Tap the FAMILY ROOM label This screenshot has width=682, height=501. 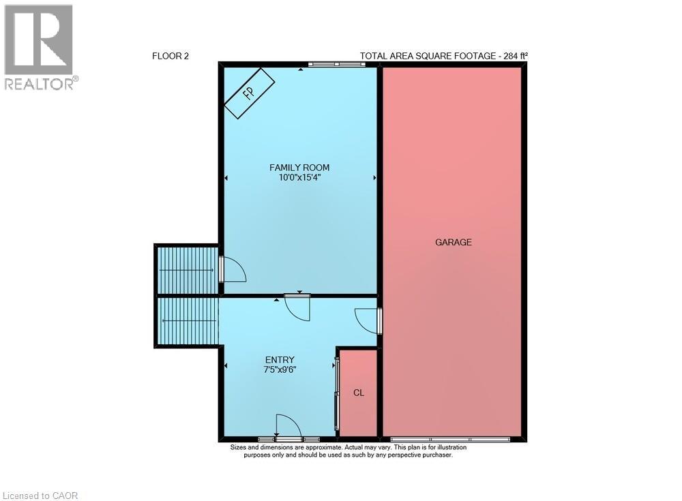299,168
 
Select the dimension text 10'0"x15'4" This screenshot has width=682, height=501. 299,178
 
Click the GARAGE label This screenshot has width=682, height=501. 454,242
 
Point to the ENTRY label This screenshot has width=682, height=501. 280,360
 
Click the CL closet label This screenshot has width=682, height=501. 359,393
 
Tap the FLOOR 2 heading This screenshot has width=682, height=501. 170,57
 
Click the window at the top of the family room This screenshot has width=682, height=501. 336,65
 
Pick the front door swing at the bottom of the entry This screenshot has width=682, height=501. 286,426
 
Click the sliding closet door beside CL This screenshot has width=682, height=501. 336,393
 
